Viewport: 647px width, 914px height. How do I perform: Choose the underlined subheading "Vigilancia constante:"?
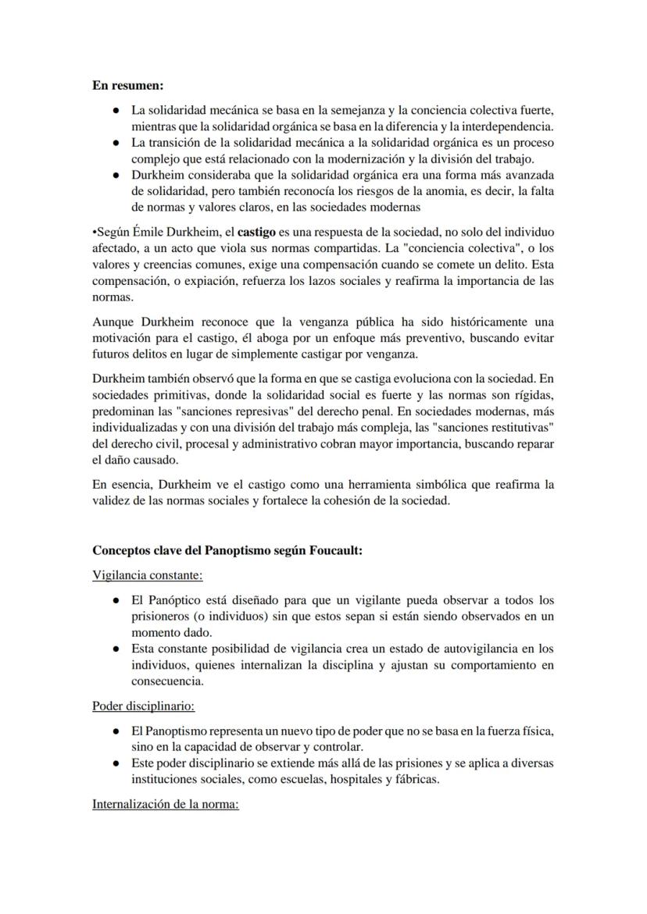tap(148, 575)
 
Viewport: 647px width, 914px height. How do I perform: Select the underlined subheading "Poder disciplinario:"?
tap(144, 706)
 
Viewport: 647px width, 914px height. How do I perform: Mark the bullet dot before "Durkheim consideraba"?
tap(116, 175)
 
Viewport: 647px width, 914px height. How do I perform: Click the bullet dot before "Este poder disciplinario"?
tap(116, 763)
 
